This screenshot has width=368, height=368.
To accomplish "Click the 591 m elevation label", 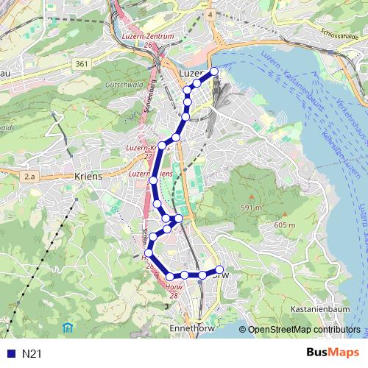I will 250,208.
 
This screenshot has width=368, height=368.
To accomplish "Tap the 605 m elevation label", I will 283,224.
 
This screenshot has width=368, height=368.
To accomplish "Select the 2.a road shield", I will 29,177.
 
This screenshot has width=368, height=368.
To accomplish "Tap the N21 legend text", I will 31,354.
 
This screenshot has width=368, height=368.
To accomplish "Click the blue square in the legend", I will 8,354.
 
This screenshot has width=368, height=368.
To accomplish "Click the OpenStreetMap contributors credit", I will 304,330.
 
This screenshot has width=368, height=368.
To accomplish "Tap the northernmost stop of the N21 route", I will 214,71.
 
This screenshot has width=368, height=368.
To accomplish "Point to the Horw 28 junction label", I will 174,291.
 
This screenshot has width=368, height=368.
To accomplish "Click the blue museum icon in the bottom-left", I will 68,326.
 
